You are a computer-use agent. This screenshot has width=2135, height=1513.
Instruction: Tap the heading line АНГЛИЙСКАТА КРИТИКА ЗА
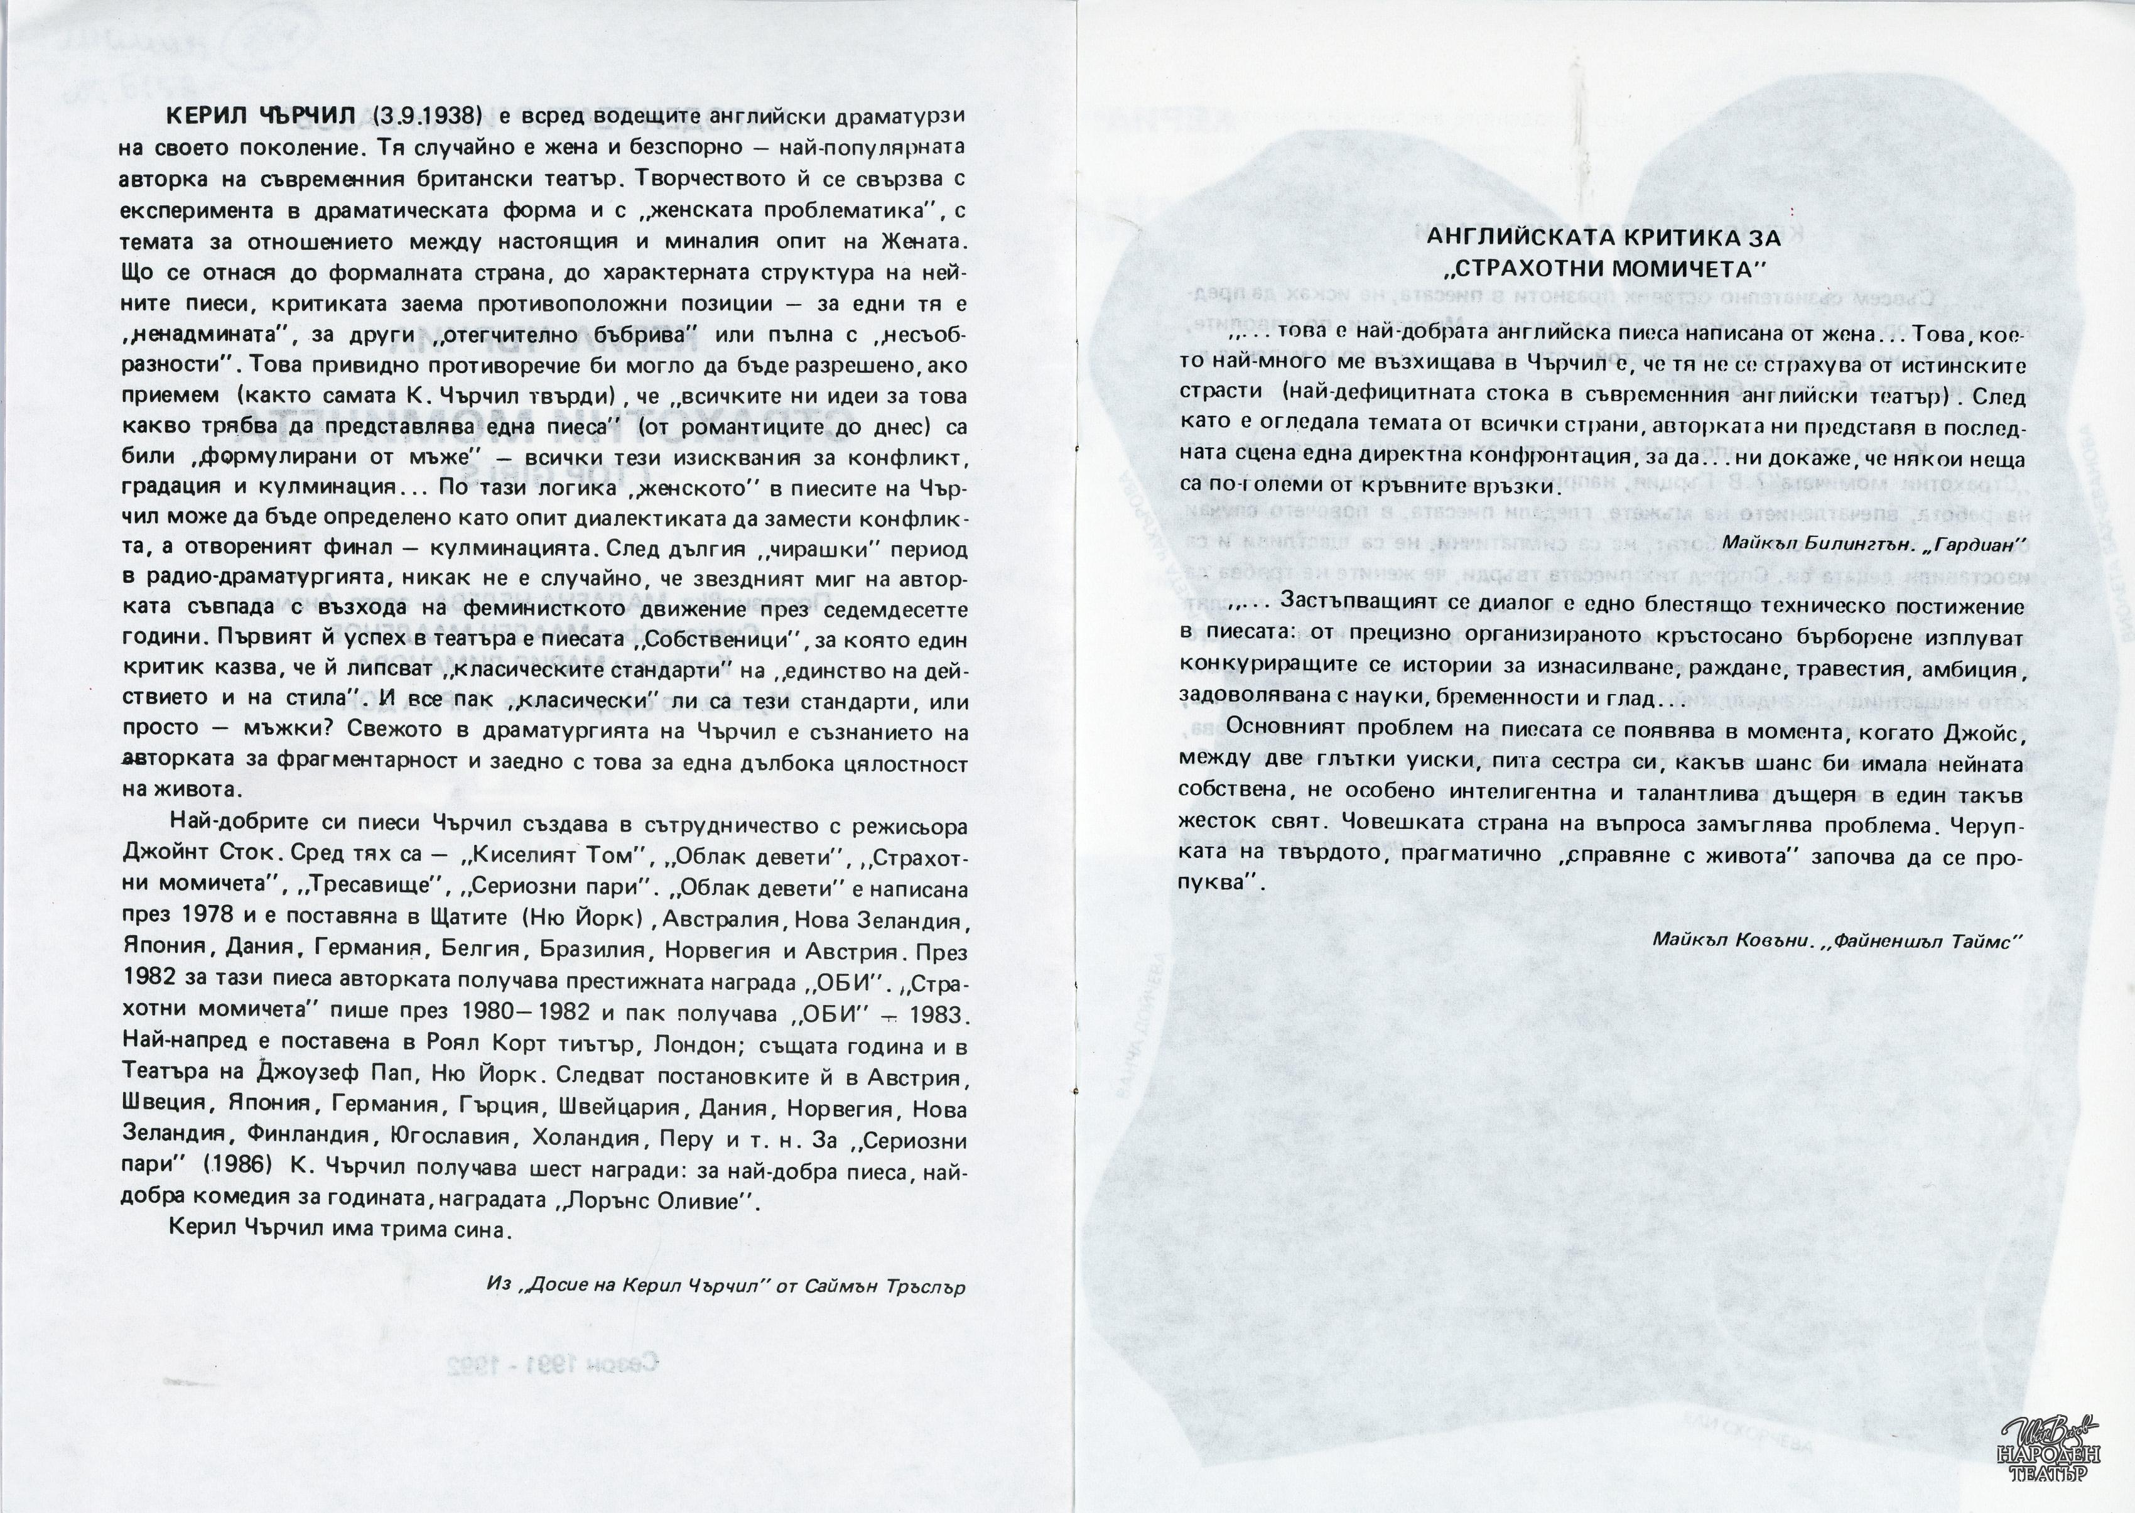point(1603,237)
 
